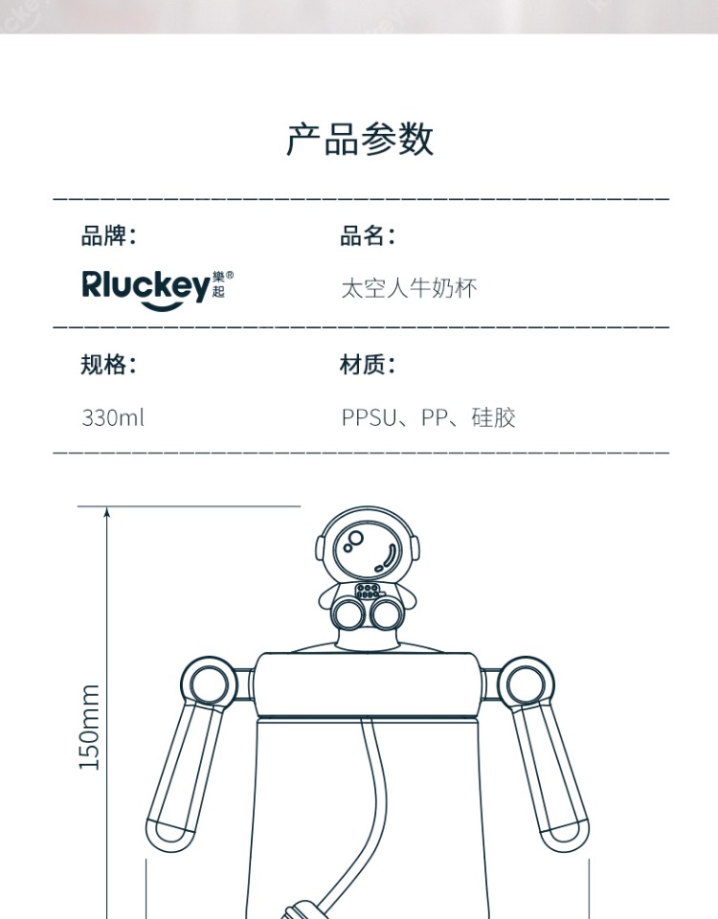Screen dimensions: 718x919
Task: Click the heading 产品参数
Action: click(x=360, y=140)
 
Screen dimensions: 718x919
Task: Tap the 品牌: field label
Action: click(x=108, y=235)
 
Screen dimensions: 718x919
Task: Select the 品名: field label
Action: click(x=368, y=235)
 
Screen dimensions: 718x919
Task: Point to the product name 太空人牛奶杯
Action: click(x=409, y=288)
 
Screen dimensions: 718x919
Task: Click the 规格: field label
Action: click(x=108, y=365)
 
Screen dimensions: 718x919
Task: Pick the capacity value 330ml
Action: click(x=113, y=418)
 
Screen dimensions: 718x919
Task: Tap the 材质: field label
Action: click(x=368, y=365)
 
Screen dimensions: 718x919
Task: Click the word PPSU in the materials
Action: click(x=369, y=418)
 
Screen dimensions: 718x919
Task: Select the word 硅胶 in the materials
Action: click(x=493, y=418)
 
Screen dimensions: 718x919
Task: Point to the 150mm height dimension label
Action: click(x=90, y=727)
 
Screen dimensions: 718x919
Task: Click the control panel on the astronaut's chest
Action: click(x=370, y=591)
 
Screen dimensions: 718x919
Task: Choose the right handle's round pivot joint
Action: click(x=528, y=683)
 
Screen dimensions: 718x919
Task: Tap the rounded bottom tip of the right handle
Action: click(x=568, y=831)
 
